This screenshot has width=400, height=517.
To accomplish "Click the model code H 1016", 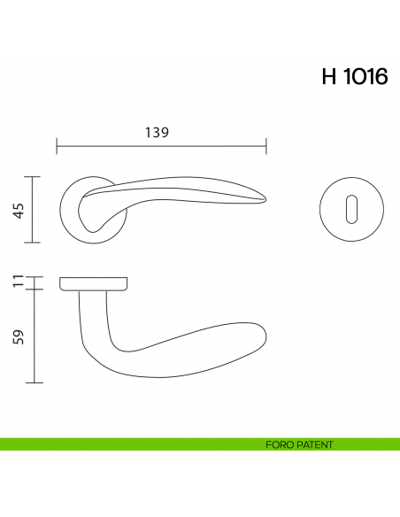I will pyautogui.click(x=354, y=77).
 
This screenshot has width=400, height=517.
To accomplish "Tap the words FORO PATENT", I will pyautogui.click(x=299, y=444).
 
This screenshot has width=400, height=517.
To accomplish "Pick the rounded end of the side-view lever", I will pyautogui.click(x=261, y=336).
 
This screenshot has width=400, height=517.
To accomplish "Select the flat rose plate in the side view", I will pyautogui.click(x=94, y=282).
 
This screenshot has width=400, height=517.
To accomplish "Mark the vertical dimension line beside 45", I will pyautogui.click(x=34, y=210).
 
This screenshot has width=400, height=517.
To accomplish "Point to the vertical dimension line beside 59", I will pyautogui.click(x=34, y=336).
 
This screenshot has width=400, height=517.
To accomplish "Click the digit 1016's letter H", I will pyautogui.click(x=328, y=77).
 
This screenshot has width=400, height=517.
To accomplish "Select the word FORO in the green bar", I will pyautogui.click(x=278, y=444).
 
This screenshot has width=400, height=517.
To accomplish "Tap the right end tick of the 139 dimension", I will pyautogui.click(x=266, y=144).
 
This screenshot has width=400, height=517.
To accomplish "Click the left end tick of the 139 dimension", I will pyautogui.click(x=57, y=144).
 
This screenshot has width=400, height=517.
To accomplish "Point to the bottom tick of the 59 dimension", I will pyautogui.click(x=34, y=382).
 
